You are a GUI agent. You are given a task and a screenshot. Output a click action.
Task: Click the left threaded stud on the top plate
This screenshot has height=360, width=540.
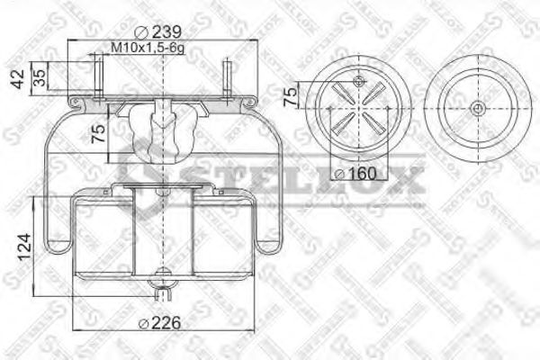[x=94, y=73]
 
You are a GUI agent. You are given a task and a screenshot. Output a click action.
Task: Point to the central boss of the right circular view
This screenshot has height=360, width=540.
[x=475, y=110]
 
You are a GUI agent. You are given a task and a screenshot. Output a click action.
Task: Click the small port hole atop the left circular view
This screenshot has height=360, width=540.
[x=359, y=82]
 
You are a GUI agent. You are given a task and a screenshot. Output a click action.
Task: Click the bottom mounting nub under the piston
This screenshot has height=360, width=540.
[x=163, y=292]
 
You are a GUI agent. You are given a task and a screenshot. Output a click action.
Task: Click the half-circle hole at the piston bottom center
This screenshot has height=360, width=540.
[x=163, y=275]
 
